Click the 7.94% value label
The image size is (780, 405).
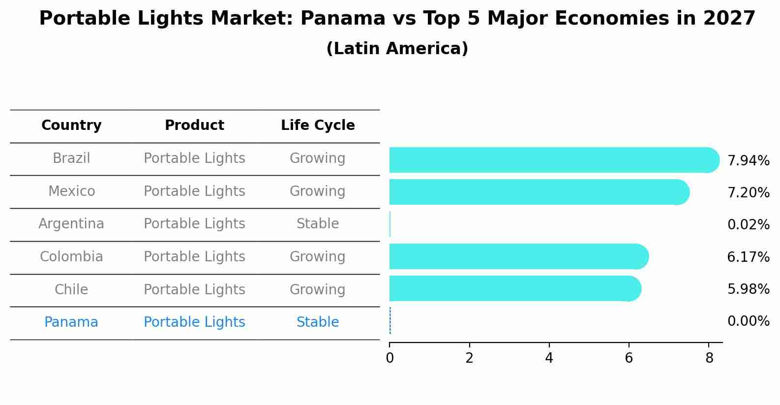[x=748, y=161]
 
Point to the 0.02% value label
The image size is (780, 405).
[x=748, y=225]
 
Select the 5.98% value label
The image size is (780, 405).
[x=748, y=289]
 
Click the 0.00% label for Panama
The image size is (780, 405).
[x=748, y=321]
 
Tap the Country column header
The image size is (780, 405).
[x=71, y=125]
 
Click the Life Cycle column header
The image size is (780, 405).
[x=318, y=125]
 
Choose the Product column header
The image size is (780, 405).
[x=194, y=125]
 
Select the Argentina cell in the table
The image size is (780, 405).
[x=71, y=224]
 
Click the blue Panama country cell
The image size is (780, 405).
[x=71, y=322]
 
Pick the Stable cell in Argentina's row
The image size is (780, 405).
[x=318, y=224]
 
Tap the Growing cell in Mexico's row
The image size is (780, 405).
[x=318, y=191]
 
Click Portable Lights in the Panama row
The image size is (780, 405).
[x=194, y=322]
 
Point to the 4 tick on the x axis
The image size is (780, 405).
[x=549, y=358]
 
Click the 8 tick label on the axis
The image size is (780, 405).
[x=709, y=358]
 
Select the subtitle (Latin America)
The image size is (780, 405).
[x=397, y=49]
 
